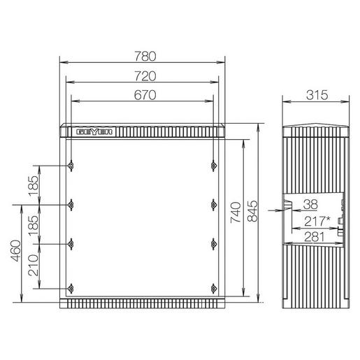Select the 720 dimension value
(x=144, y=75)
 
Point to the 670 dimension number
(x=144, y=94)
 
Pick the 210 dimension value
(x=33, y=265)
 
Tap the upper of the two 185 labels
(x=33, y=185)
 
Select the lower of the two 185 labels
(x=33, y=224)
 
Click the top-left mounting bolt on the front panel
(x=72, y=166)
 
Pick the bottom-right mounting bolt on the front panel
(x=213, y=288)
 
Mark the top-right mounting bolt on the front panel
(x=213, y=166)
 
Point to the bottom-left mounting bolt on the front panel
(x=72, y=288)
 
